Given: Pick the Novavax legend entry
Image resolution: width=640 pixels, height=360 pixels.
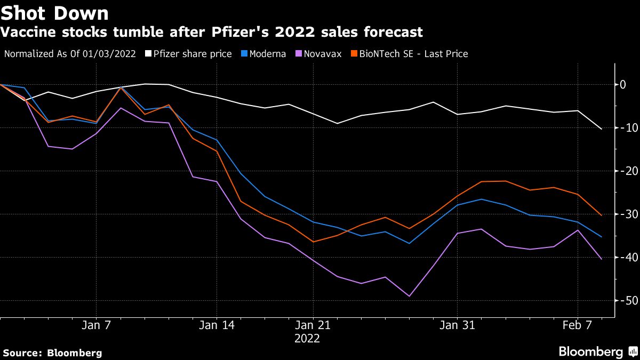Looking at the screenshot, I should tap(322, 54).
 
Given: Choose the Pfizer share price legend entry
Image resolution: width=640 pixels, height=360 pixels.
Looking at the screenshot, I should tap(193, 54).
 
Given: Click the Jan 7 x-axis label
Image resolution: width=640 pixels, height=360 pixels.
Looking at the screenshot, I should tap(96, 325).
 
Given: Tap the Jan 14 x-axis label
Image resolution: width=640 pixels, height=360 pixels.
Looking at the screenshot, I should tap(217, 325).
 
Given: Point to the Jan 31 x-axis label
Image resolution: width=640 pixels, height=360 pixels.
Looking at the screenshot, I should tap(457, 325).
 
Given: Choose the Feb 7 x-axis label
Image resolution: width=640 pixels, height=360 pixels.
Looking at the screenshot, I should tap(578, 325).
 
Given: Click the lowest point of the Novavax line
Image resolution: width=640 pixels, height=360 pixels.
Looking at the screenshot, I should tap(409, 296).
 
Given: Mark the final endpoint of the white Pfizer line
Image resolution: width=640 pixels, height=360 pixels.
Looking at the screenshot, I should tap(602, 129).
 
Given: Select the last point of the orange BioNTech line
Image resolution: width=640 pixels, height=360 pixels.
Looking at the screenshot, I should tap(602, 215).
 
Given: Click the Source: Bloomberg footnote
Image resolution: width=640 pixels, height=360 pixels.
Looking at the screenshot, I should tap(52, 353).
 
